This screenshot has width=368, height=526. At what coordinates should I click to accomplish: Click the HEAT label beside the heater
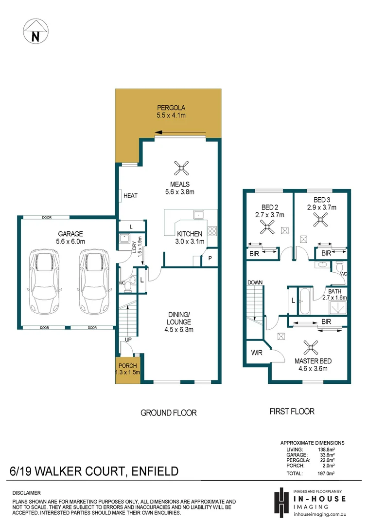(x=130, y=196)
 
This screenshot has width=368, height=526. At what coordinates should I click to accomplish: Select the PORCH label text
(x=128, y=366)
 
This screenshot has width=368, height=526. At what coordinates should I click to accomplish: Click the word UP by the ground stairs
(x=128, y=339)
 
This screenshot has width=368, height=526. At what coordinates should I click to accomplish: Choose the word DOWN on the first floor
(x=255, y=282)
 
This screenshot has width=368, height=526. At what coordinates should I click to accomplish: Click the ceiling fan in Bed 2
(x=266, y=225)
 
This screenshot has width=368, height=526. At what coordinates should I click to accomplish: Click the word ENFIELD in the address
(x=153, y=471)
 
